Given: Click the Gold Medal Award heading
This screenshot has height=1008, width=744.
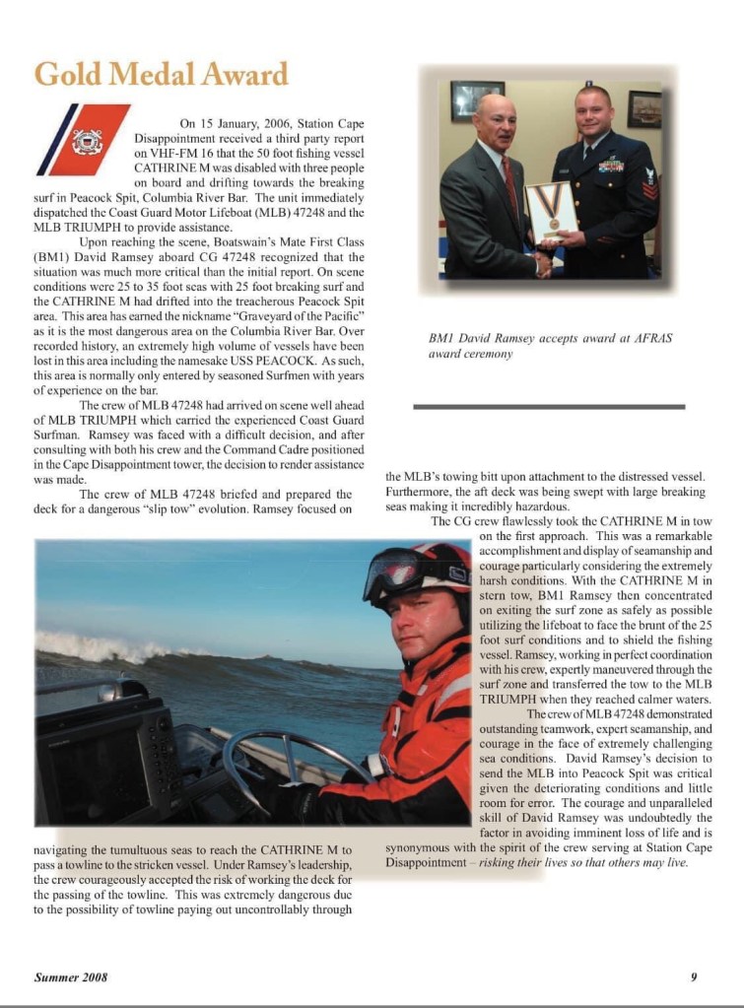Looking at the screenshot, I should click(161, 75).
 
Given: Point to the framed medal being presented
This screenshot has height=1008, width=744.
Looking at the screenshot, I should click(550, 209).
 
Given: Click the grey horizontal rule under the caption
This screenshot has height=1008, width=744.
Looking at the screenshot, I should click(548, 406).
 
